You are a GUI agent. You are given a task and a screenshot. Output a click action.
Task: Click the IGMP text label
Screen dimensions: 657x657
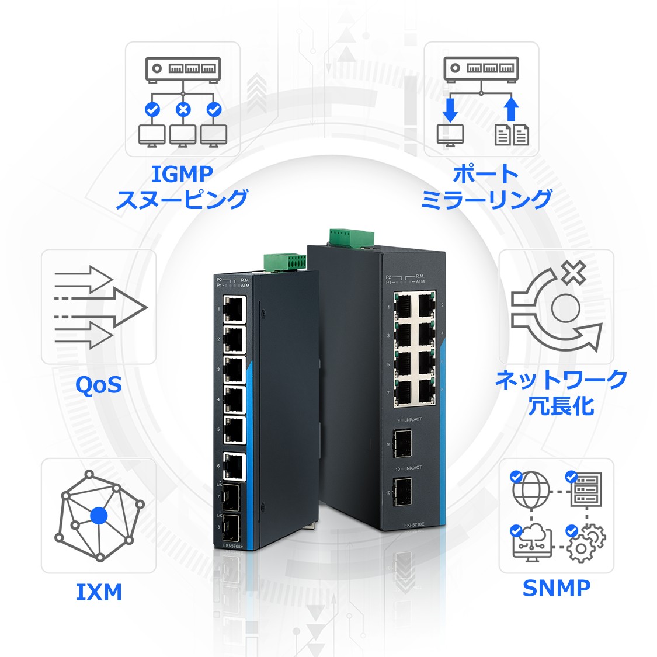tap(182, 174)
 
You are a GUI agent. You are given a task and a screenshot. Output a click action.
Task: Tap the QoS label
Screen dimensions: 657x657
tap(99, 384)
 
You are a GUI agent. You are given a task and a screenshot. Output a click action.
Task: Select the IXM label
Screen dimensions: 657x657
tap(99, 592)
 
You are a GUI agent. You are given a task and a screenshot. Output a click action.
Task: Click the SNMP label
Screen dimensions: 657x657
tap(556, 588)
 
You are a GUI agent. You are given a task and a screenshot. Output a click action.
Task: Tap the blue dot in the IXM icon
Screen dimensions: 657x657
tap(99, 516)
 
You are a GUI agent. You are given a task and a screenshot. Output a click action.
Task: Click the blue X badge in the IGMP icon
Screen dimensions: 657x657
tap(183, 109)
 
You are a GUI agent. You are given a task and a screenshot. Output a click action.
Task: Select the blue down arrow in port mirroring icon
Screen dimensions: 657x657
tap(450, 109)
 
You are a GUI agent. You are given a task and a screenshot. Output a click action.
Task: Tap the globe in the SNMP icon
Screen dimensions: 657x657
tap(531, 490)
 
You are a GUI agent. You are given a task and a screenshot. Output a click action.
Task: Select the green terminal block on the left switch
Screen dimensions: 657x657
tap(284, 262)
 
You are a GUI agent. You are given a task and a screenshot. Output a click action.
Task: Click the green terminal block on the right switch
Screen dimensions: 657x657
tap(351, 237)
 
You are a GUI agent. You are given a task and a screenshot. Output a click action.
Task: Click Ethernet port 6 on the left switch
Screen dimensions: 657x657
tap(234, 465)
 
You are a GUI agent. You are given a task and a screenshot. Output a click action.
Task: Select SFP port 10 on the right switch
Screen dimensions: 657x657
tap(402, 491)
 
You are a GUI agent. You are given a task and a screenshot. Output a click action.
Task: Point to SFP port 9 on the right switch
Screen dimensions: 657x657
tap(402, 443)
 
